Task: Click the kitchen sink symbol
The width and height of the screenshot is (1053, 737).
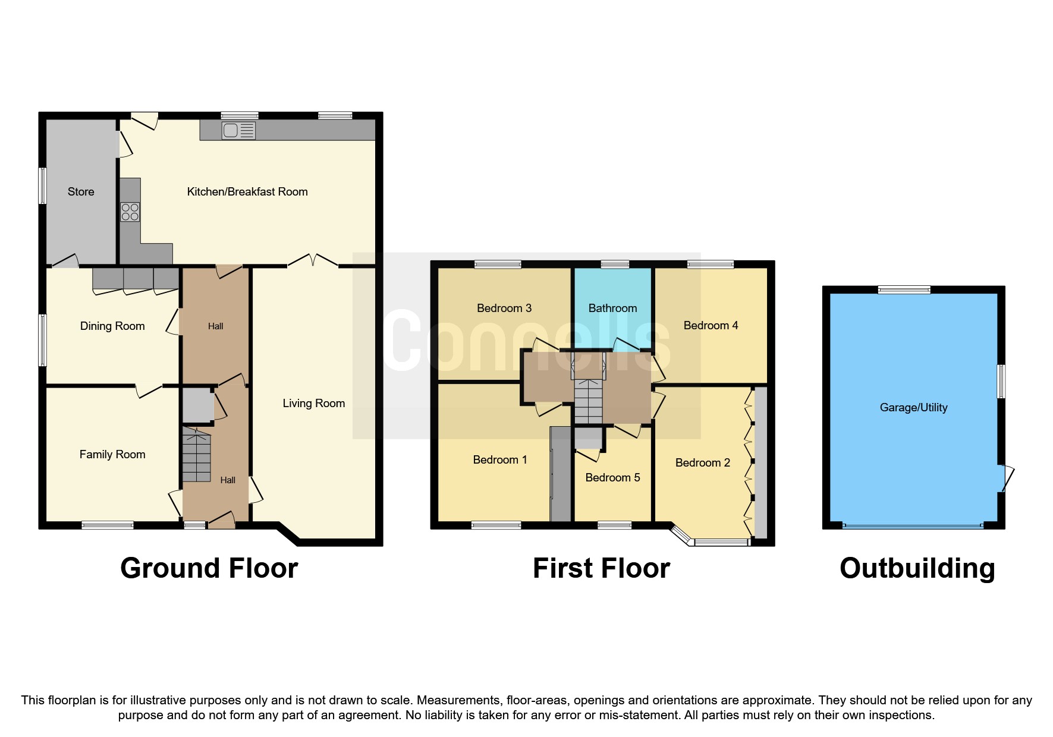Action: pyautogui.click(x=238, y=130)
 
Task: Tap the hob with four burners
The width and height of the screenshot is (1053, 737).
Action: pyautogui.click(x=130, y=212)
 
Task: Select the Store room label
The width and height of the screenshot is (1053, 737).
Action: pyautogui.click(x=81, y=192)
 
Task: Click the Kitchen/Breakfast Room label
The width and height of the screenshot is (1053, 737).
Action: pyautogui.click(x=247, y=192)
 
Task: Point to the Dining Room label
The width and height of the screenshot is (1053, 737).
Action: pyautogui.click(x=112, y=326)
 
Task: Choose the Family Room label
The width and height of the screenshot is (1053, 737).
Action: pyautogui.click(x=112, y=455)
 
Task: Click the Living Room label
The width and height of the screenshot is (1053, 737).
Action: pyautogui.click(x=313, y=404)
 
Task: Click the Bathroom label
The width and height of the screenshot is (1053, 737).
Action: pyautogui.click(x=612, y=308)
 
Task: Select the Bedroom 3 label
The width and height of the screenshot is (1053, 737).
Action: pyautogui.click(x=504, y=308)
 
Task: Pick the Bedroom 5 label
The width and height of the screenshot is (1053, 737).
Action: pyautogui.click(x=612, y=478)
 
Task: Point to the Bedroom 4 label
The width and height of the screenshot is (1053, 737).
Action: pyautogui.click(x=711, y=326)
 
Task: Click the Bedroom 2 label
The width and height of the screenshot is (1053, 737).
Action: pyautogui.click(x=702, y=463)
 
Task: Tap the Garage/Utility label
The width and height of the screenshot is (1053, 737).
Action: pyautogui.click(x=913, y=408)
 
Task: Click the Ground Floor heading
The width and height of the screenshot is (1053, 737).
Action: pyautogui.click(x=209, y=568)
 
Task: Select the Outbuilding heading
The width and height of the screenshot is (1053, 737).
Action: pyautogui.click(x=917, y=568)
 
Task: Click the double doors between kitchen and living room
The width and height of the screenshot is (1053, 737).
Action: pyautogui.click(x=313, y=261)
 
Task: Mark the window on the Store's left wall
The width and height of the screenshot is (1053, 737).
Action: pyautogui.click(x=42, y=186)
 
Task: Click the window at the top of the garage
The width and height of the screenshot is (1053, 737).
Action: pyautogui.click(x=904, y=289)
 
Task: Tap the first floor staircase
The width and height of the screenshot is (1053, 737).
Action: pyautogui.click(x=589, y=392)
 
